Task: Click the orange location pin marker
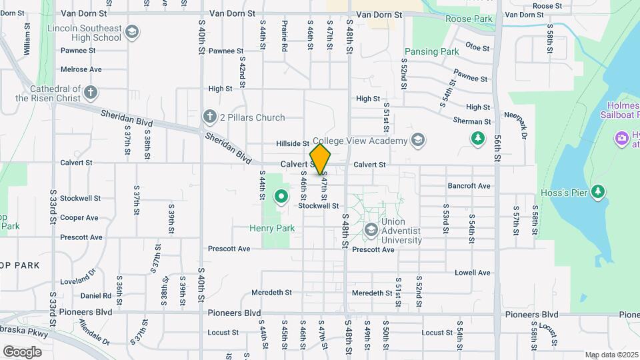pos(320,159)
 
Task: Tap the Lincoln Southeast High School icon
pos(132,31)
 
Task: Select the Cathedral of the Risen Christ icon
pos(91,92)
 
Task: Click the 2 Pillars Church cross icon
pos(210,117)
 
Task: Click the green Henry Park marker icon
pos(281,197)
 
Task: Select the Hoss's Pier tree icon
pos(598,192)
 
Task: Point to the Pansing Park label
pos(431,51)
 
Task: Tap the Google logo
pos(22,351)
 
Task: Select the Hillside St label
pos(293,143)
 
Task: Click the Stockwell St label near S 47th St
pos(319,206)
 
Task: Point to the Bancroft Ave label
pos(469,186)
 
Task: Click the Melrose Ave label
pos(81,69)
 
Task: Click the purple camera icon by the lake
pos(622,138)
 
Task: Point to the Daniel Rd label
pos(96,295)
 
